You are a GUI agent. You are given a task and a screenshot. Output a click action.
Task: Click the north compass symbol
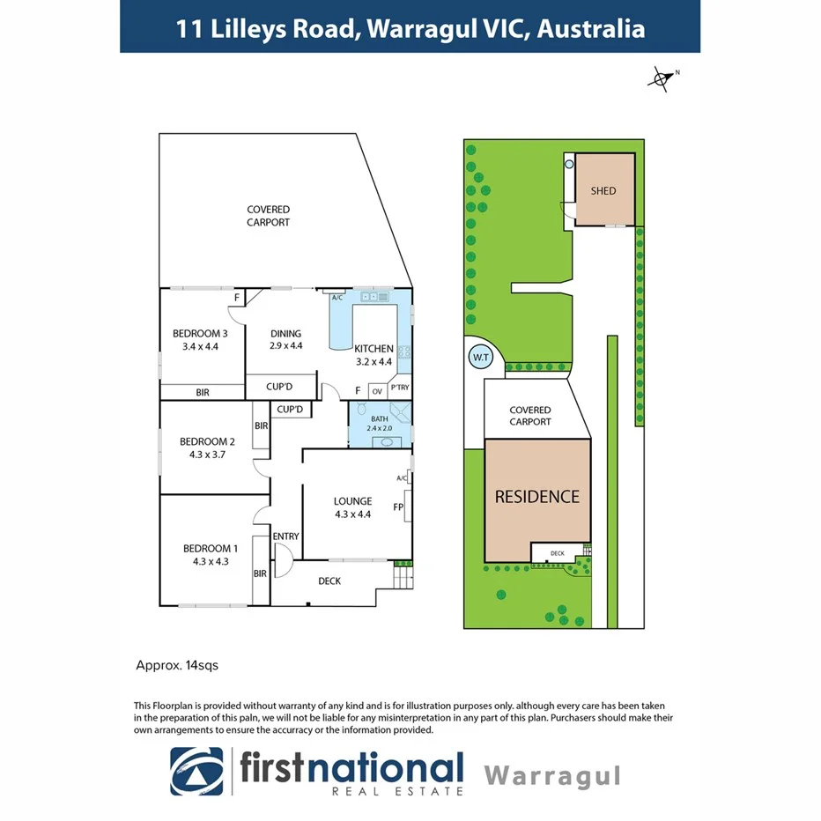[662, 79]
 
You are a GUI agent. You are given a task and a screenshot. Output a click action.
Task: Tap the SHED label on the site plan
[603, 191]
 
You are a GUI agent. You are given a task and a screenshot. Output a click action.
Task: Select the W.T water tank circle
[480, 358]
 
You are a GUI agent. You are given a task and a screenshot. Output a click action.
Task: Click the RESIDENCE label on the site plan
[537, 497]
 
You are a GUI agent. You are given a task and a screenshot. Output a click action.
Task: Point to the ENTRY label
[285, 536]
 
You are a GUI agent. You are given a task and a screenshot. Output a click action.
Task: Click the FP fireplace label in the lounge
[398, 507]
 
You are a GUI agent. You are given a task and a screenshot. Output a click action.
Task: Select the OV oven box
[377, 390]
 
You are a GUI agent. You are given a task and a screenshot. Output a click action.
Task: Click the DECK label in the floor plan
[329, 581]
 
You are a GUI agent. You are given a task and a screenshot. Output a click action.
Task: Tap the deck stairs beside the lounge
[402, 578]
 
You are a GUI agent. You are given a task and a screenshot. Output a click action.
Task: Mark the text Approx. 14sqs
[177, 666]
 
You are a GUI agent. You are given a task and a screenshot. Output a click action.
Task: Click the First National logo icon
[197, 771]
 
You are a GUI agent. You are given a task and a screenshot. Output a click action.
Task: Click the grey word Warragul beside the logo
[553, 776]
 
